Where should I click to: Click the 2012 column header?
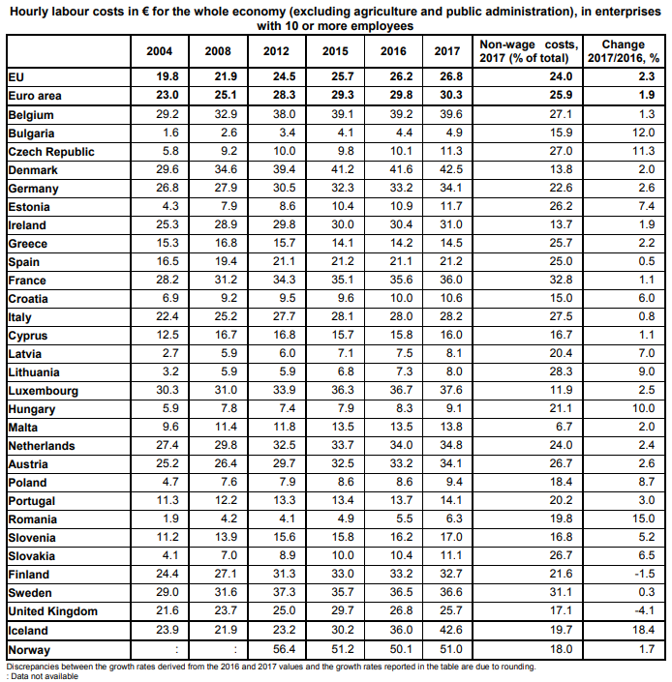coord(276,51)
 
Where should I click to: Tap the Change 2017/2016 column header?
coord(623,51)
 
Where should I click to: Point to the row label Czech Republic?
coord(51,152)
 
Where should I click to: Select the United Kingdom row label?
coord(53,611)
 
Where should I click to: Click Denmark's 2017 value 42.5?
coord(447,170)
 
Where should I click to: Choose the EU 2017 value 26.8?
coord(447,76)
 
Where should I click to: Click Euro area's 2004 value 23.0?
coord(168,96)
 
